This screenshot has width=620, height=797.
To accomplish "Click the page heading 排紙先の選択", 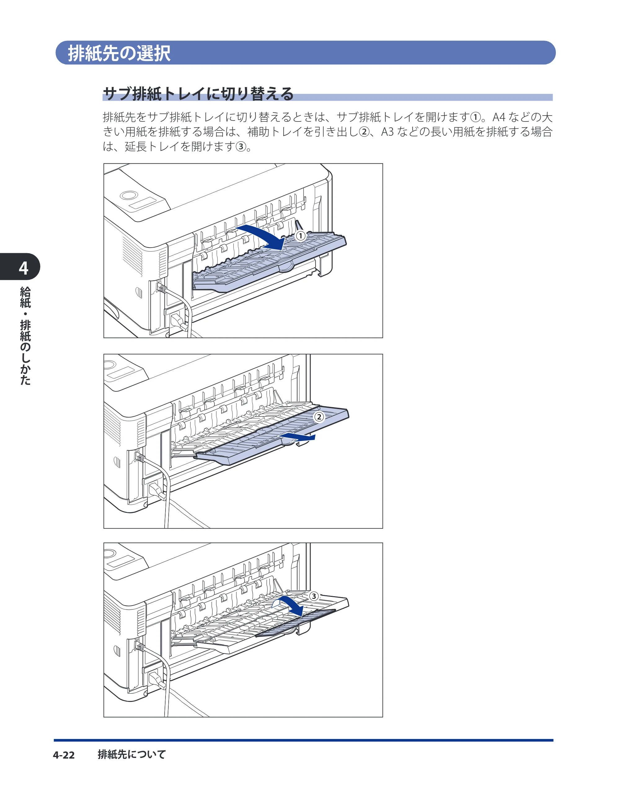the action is (119, 53).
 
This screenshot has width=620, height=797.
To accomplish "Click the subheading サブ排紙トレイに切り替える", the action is (198, 94).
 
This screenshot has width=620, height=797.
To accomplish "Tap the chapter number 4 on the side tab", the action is (23, 268).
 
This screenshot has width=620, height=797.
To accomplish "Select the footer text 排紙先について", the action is (132, 754).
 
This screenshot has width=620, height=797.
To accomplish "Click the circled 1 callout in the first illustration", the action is (300, 236).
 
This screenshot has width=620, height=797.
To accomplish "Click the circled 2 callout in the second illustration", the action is (319, 417).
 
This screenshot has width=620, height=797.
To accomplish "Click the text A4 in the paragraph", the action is (499, 117).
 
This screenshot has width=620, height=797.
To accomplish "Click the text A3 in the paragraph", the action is (387, 132).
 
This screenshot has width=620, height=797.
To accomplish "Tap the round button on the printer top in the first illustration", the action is (129, 195).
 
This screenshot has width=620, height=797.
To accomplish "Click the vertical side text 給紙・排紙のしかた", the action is (25, 335).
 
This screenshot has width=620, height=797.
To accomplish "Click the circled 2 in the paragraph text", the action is (364, 132).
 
